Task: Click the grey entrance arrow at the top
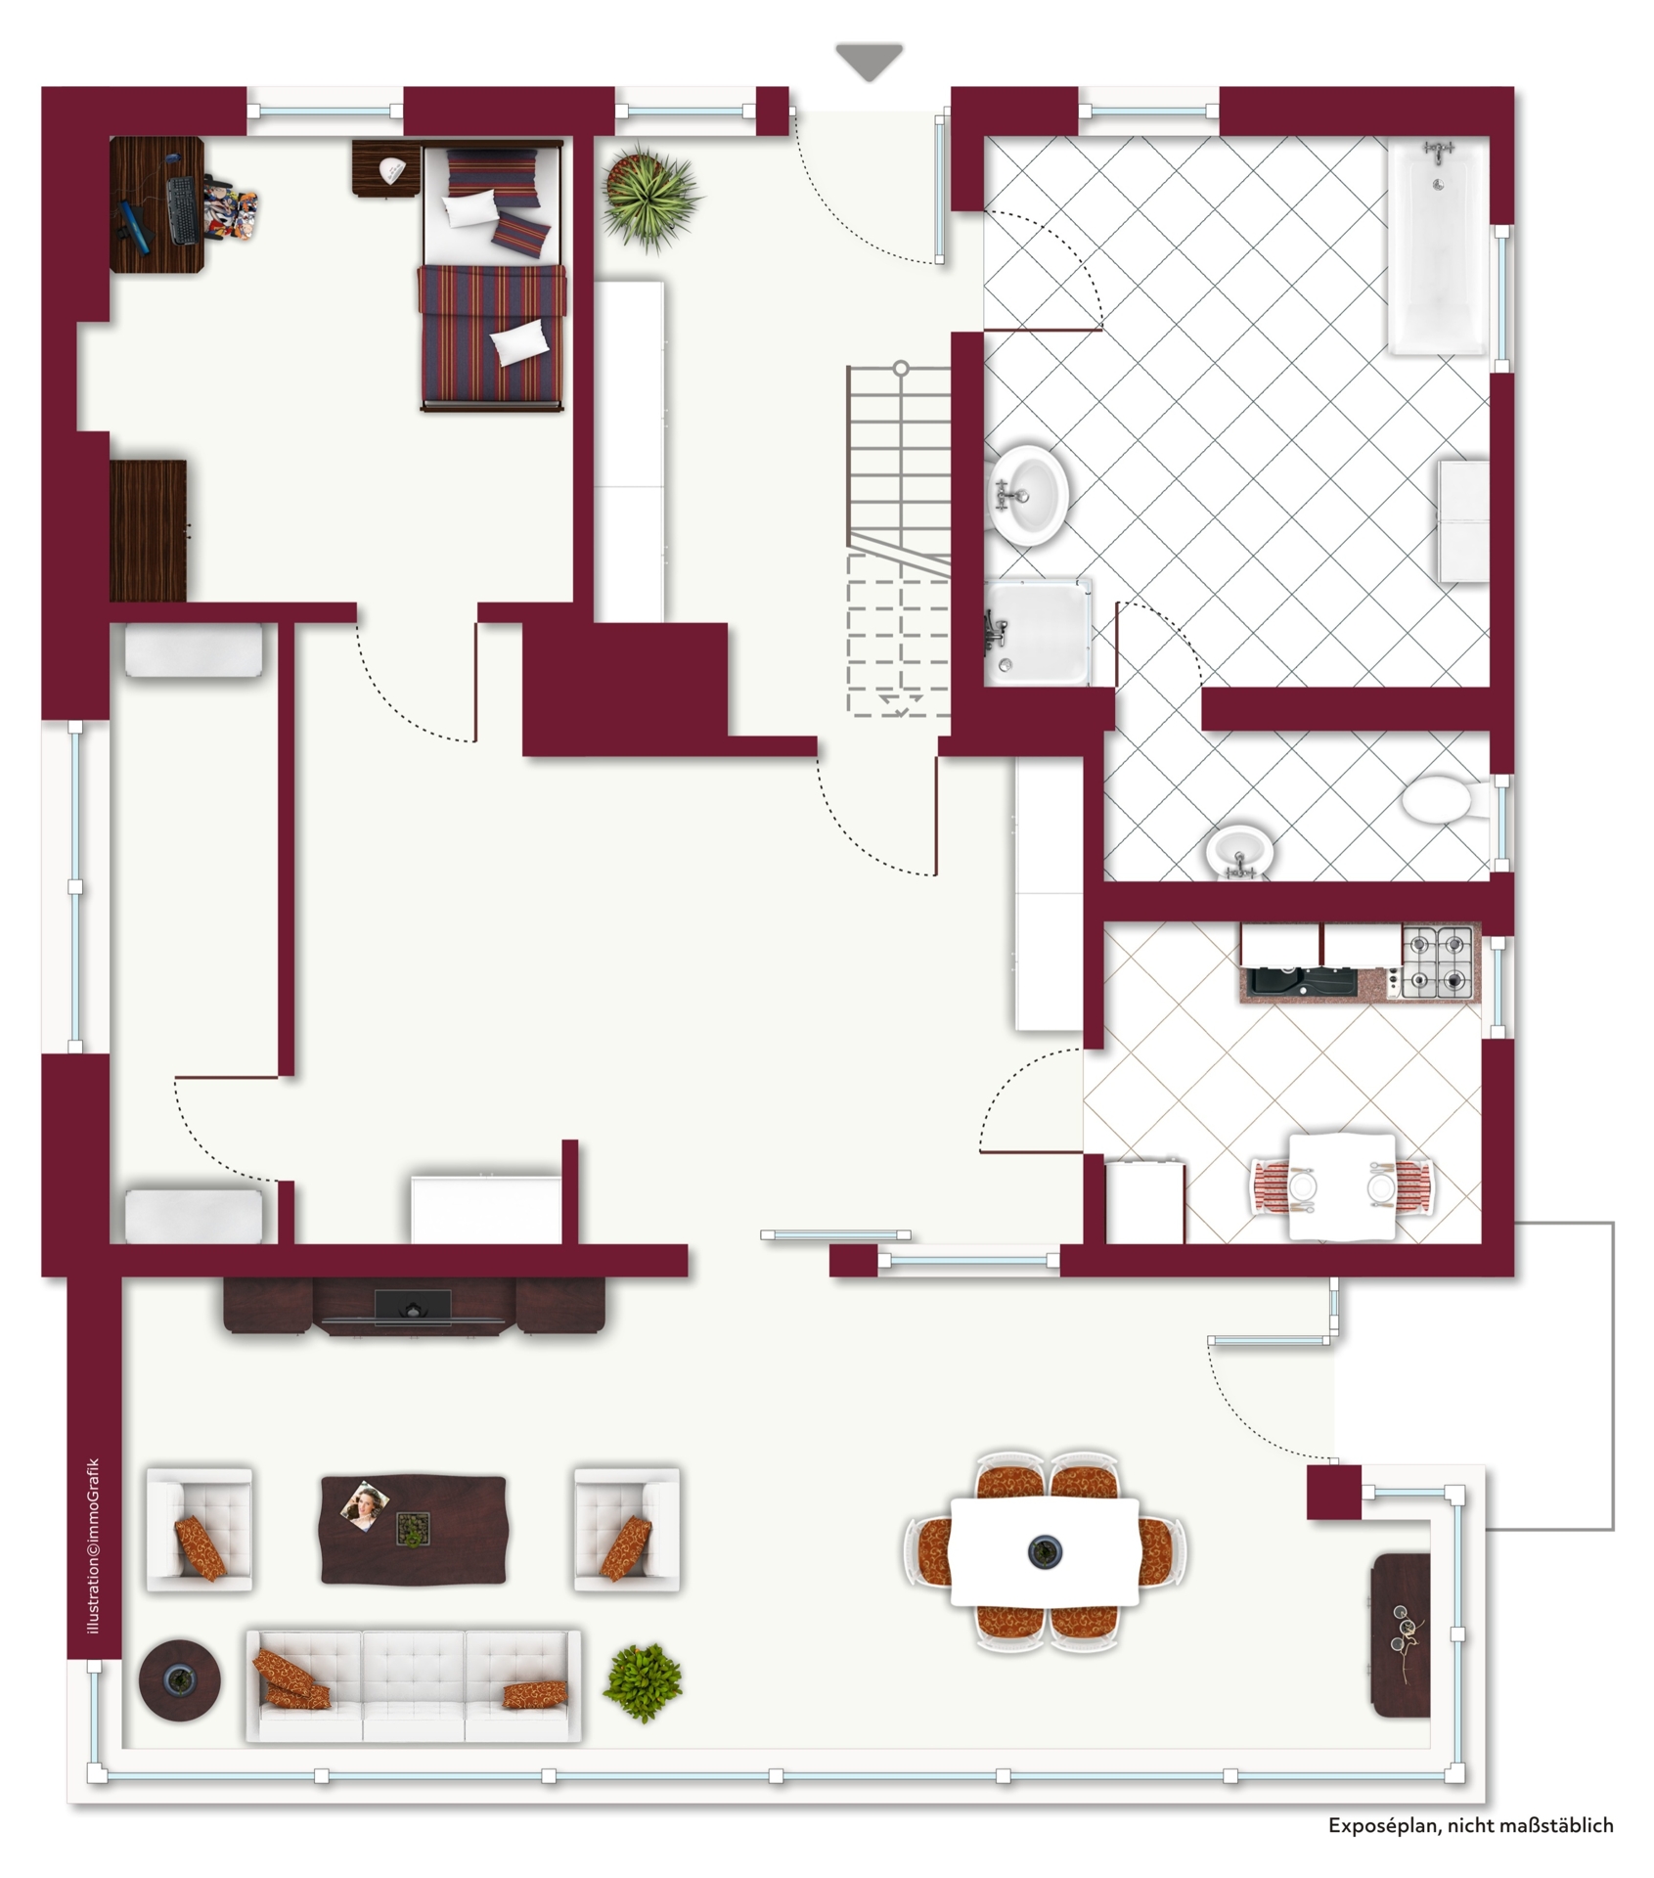point(870,62)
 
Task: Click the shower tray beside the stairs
point(1036,632)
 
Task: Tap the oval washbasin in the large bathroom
point(1027,495)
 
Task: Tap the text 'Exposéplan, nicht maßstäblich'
point(1470,1824)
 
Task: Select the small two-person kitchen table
point(1342,1186)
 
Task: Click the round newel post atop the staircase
point(901,369)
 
